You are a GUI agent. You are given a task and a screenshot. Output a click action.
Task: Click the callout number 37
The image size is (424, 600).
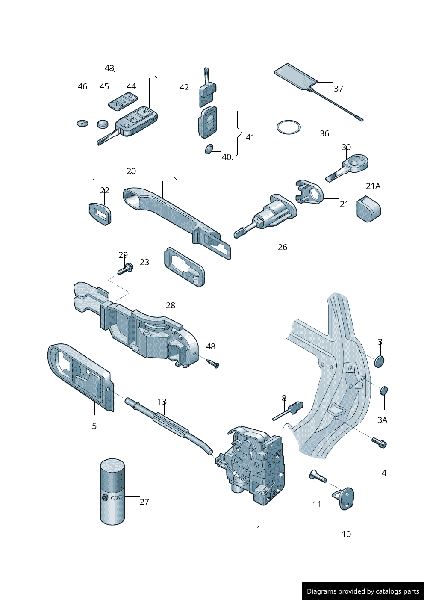point(339,89)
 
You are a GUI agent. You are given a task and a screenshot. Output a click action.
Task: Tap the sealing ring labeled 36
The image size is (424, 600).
point(289,127)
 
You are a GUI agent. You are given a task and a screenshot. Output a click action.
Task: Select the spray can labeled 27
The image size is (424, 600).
point(112,492)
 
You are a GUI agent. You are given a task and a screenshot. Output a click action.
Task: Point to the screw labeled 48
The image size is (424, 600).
point(213,363)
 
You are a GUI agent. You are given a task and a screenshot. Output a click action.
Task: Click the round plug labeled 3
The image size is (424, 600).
point(379,361)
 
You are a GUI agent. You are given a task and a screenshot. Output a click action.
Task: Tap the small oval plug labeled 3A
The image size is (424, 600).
point(384,390)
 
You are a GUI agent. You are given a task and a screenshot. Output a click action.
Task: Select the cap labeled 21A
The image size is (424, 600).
point(368,209)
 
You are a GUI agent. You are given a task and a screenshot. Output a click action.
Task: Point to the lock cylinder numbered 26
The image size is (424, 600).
point(269,216)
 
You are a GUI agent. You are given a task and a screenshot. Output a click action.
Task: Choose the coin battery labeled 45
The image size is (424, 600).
point(103,124)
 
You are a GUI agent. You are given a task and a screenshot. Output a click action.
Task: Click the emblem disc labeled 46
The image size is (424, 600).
point(82,124)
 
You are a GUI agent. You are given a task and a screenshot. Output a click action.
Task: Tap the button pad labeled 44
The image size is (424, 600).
point(123,101)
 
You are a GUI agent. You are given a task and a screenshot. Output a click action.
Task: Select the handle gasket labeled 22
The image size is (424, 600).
point(100,213)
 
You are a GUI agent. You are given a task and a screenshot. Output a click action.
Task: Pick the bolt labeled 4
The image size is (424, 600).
point(379,443)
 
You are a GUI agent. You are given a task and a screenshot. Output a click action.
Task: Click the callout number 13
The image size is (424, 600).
point(162,402)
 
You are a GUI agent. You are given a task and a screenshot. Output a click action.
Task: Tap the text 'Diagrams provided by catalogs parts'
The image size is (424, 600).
point(363,591)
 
